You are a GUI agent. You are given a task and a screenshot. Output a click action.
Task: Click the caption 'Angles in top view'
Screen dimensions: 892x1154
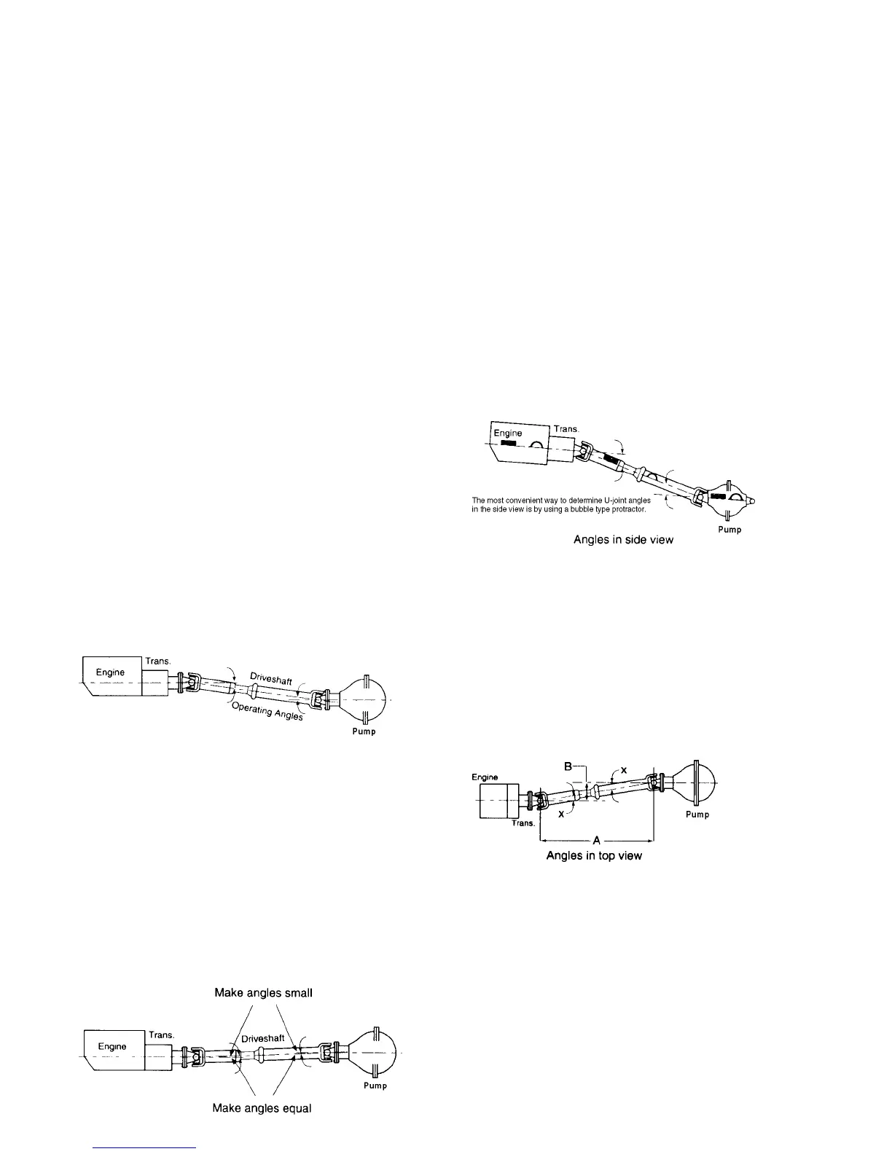594,855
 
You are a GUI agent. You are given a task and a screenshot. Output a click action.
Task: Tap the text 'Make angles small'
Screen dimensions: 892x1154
263,993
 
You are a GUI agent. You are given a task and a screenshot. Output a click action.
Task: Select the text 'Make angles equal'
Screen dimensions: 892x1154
262,1129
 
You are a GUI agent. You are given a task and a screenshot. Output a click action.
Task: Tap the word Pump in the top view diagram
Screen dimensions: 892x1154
697,815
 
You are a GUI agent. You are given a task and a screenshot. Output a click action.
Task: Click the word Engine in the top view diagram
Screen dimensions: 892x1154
485,777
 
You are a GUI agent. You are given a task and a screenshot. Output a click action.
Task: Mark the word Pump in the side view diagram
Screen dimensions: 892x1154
729,530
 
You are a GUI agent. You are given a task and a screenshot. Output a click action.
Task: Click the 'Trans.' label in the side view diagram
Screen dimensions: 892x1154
566,429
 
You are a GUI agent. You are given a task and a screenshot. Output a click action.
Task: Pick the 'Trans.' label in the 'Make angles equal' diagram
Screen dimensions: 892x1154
161,1035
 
